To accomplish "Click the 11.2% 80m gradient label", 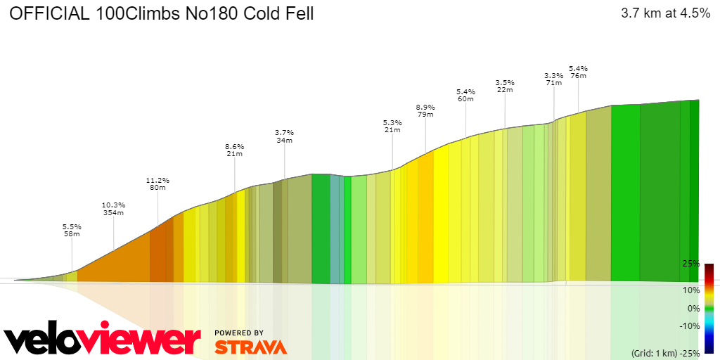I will click(157, 184).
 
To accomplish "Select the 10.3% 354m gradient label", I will click(113, 208).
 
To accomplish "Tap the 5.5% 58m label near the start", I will click(72, 230).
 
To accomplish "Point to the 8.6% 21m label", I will click(234, 150).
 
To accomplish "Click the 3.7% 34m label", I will click(284, 136).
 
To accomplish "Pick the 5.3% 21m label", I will click(392, 126).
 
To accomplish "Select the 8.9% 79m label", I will click(425, 110).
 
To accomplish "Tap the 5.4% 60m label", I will click(465, 95).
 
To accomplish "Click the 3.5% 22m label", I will click(505, 86).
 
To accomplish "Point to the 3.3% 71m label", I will click(553, 79).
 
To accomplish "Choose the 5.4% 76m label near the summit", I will click(578, 72).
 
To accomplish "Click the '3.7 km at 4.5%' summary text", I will click(665, 13).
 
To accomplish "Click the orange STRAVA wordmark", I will click(250, 347).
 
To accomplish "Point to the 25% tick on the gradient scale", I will click(690, 264).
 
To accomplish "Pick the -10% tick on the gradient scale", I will click(689, 326).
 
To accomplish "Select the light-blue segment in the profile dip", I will click(335, 229).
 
